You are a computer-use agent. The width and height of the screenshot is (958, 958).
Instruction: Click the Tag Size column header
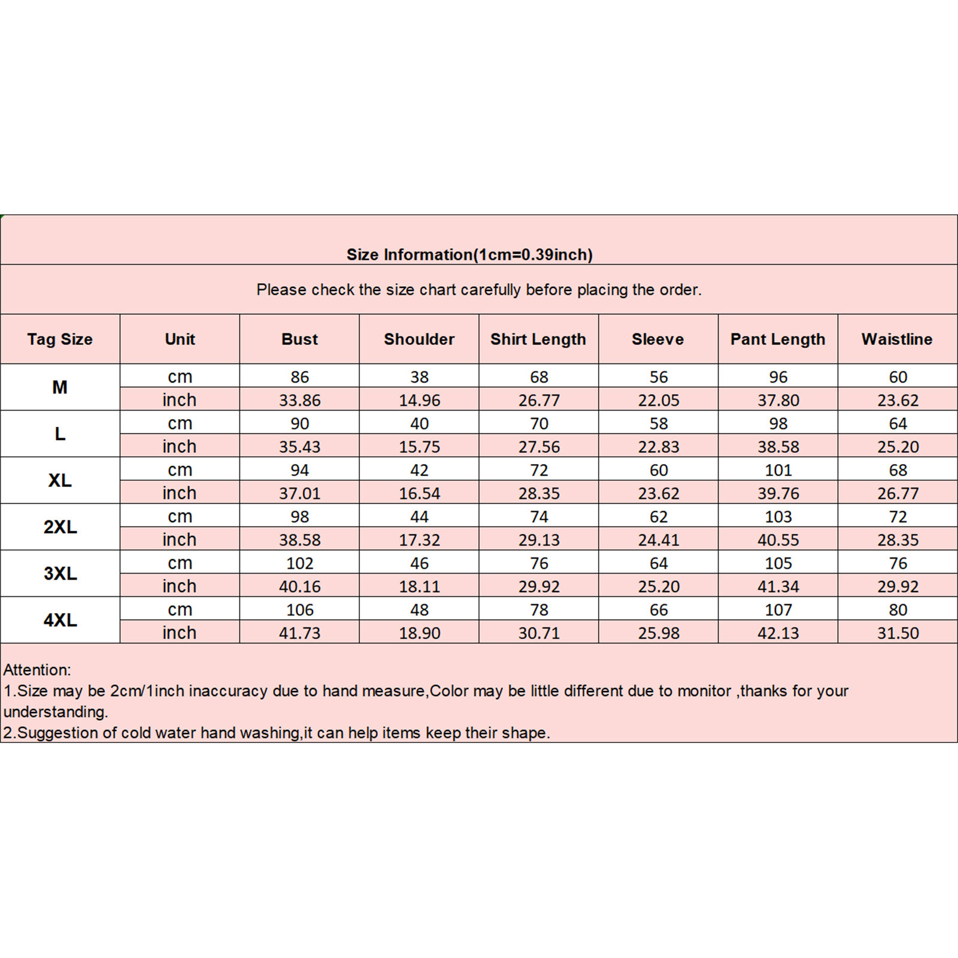point(60,339)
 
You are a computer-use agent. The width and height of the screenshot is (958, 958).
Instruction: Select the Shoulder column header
point(419,339)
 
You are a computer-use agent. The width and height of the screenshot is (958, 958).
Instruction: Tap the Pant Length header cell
point(778,339)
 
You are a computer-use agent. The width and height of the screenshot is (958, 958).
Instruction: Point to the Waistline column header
point(897,339)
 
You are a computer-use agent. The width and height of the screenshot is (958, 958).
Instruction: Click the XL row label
point(60,480)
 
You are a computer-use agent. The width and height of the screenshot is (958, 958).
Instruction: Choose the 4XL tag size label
point(60,620)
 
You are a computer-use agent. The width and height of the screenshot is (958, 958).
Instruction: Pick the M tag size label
point(60,387)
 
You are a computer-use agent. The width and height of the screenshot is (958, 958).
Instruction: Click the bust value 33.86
point(299,400)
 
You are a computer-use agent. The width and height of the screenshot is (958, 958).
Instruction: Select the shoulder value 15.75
point(419,447)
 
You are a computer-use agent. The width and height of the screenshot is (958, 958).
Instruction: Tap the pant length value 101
point(778,470)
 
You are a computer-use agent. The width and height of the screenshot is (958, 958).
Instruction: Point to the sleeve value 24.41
point(659,540)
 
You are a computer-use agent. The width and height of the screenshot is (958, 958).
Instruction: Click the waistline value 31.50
point(898,633)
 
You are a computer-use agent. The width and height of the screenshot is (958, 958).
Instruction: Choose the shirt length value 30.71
point(539,633)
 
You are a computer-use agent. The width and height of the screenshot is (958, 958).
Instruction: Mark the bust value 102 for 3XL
point(299,563)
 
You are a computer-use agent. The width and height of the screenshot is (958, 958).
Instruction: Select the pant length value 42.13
point(778,633)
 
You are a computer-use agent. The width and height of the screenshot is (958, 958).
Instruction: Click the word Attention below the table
point(37,670)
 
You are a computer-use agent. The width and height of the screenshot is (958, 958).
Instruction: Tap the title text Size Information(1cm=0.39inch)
point(469,254)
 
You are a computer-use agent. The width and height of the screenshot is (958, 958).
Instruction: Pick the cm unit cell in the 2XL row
point(180,516)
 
